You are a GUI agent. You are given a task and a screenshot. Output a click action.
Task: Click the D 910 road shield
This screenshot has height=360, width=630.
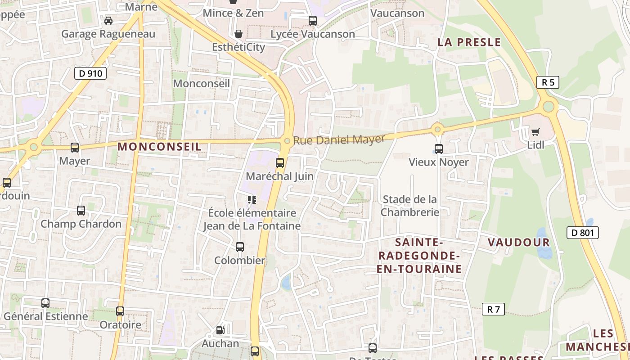pyautogui.click(x=90, y=73)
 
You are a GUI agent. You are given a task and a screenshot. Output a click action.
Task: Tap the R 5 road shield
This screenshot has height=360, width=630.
pyautogui.click(x=548, y=82)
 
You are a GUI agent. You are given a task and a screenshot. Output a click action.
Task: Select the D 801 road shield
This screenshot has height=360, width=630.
pyautogui.click(x=582, y=233)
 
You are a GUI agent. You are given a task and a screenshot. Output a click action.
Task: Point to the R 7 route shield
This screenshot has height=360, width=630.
pyautogui.click(x=493, y=309)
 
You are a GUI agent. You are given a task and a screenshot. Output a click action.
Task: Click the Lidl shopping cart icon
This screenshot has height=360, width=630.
pyautogui.click(x=535, y=132)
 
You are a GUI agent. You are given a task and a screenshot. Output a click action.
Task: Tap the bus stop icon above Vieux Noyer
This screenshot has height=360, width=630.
pyautogui.click(x=438, y=148)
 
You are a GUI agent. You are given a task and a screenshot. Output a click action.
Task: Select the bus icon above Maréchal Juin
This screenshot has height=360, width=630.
pyautogui.click(x=280, y=163)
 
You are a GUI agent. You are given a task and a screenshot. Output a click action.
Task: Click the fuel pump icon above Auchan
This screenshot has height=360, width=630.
pyautogui.click(x=220, y=330)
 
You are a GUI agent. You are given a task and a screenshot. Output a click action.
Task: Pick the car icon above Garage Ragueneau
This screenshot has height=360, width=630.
pyautogui.click(x=108, y=21)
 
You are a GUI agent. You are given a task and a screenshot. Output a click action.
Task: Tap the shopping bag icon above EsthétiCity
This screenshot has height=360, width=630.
pyautogui.click(x=238, y=34)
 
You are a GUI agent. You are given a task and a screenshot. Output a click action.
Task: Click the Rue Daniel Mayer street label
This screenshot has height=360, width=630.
pyautogui.click(x=339, y=139)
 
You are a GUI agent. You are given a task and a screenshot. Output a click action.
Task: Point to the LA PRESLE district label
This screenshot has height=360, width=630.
pyautogui.click(x=469, y=42)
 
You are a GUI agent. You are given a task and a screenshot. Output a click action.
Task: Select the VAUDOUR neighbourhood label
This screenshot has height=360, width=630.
pyautogui.click(x=518, y=243)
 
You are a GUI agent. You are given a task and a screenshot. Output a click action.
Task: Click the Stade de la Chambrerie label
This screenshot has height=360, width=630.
pyautogui.click(x=409, y=205)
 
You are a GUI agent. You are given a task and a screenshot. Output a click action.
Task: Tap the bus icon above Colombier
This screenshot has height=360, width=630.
pyautogui.click(x=240, y=247)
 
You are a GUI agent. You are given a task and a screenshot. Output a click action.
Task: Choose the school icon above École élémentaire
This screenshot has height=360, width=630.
pyautogui.click(x=252, y=199)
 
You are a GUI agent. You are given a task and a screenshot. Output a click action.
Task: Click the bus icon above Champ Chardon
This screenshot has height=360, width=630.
pyautogui.click(x=81, y=211)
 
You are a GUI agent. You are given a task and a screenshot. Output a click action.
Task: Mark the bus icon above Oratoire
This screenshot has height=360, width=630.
pyautogui.click(x=120, y=311)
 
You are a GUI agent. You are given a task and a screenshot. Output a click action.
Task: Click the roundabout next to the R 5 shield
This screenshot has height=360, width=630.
pyautogui.click(x=548, y=107)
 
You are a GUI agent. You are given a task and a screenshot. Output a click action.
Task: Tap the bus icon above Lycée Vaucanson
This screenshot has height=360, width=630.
pyautogui.click(x=312, y=21)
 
